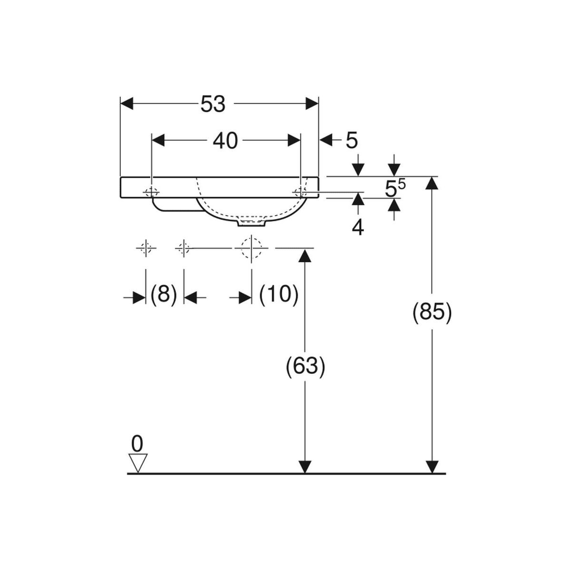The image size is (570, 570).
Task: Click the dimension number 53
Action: pos(213,104)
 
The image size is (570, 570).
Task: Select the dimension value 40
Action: pos(225,141)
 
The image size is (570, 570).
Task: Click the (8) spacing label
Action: pos(163,294)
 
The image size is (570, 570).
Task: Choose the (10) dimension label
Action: pos(279,294)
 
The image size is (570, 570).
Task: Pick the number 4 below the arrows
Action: pos(358,228)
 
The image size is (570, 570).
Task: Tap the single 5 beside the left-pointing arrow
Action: pos(351,141)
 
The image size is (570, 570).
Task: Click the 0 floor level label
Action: pos(137,452)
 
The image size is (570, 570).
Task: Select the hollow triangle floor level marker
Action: pos(138,472)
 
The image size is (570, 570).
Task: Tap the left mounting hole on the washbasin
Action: pos(152,192)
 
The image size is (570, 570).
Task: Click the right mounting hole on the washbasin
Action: pos(301,192)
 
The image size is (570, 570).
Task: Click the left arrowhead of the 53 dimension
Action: pos(127,104)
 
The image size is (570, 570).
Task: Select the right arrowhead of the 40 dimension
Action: pos(294,140)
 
